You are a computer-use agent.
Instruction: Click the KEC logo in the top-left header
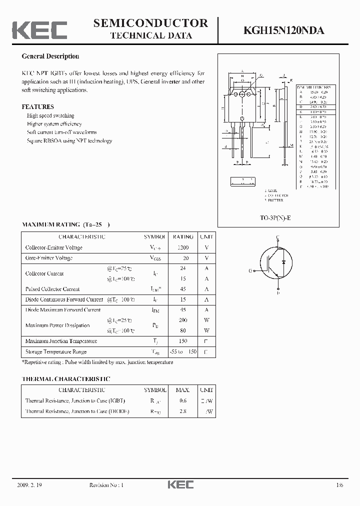[39, 29]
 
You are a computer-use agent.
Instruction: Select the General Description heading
[50, 56]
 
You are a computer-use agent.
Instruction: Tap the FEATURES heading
[37, 107]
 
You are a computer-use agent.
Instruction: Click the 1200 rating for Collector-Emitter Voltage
[183, 247]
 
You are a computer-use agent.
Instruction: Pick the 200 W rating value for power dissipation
[183, 320]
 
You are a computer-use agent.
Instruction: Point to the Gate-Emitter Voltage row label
[49, 258]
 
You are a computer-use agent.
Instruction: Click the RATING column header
[183, 237]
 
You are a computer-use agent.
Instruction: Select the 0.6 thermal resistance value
[183, 400]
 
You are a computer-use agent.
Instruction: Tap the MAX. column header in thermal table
[183, 390]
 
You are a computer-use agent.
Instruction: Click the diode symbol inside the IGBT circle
[283, 262]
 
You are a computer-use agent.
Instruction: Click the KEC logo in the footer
[180, 485]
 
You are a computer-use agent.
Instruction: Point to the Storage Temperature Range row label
[56, 352]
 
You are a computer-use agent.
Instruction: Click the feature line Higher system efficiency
[54, 124]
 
